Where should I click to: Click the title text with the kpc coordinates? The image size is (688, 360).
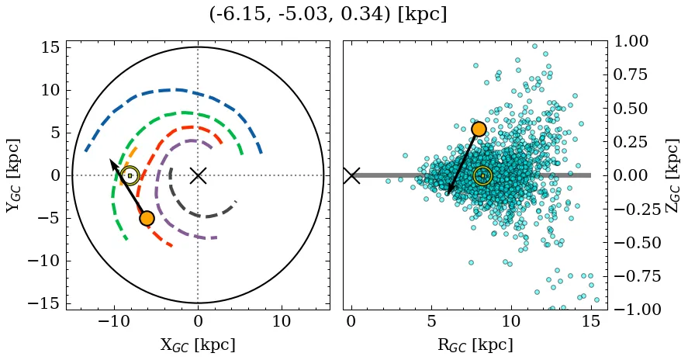tap(327, 15)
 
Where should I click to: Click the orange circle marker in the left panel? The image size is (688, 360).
tap(147, 218)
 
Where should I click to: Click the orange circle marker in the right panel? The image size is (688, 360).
tap(479, 129)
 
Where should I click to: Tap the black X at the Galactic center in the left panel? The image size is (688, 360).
tap(198, 175)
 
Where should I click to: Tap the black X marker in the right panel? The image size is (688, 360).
tap(351, 175)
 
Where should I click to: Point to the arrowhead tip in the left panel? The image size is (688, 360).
tap(110, 160)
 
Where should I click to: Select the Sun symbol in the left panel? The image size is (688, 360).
tap(130, 175)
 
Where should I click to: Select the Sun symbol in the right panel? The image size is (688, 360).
tap(482, 175)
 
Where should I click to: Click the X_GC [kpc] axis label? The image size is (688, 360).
tap(198, 344)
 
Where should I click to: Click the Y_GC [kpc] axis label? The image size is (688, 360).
tap(13, 175)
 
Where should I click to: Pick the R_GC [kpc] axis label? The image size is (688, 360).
tap(475, 344)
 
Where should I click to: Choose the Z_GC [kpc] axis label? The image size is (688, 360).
tap(672, 175)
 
